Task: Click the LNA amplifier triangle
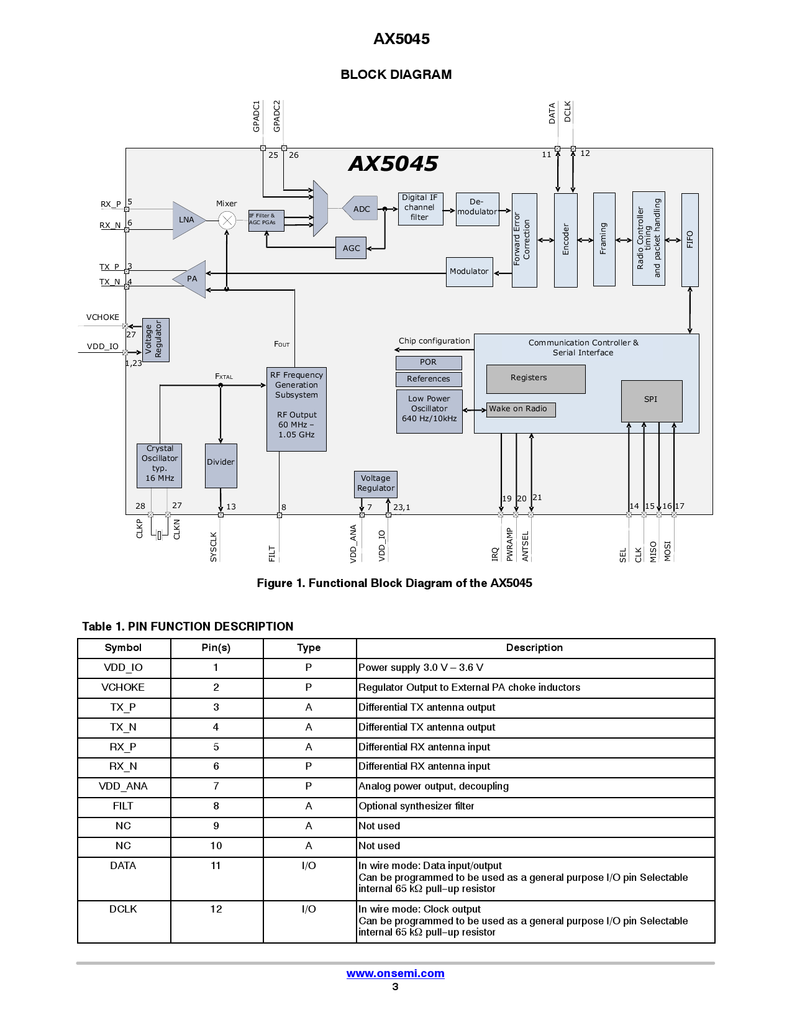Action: (186, 220)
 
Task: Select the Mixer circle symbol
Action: (227, 220)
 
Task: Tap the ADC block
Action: (362, 209)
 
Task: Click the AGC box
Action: (351, 248)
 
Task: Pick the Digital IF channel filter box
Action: (420, 207)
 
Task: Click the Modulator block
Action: (469, 271)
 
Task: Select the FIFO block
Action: (690, 239)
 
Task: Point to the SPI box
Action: (651, 400)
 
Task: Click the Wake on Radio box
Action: (520, 409)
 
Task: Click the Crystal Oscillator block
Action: (160, 464)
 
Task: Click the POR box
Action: (428, 362)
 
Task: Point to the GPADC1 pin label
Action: (256, 116)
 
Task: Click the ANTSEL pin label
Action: (526, 545)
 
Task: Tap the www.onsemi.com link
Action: (395, 973)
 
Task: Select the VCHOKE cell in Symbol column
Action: (123, 687)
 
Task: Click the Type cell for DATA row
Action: (309, 865)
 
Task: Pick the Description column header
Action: (534, 647)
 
